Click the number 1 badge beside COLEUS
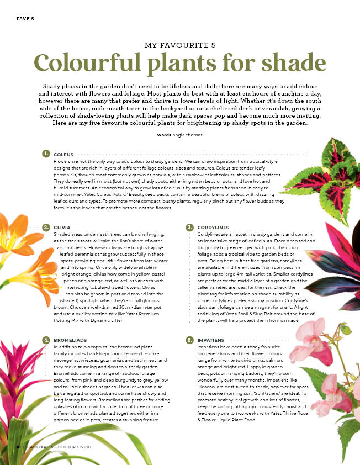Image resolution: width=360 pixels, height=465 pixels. (x=45, y=153)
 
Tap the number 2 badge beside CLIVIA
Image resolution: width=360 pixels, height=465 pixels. (x=45, y=227)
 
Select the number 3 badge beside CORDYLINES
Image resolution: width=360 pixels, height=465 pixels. (x=189, y=227)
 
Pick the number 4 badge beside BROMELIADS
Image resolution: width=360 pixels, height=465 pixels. (x=45, y=340)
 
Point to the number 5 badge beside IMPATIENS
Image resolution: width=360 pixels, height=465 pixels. (x=189, y=340)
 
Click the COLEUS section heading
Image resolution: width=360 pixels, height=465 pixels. (x=62, y=154)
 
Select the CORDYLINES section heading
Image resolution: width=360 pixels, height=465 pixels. (x=213, y=228)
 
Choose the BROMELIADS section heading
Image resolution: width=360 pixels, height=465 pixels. (x=69, y=340)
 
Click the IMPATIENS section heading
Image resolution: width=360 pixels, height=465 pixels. (x=210, y=340)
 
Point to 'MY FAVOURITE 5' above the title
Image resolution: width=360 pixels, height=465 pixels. (x=179, y=44)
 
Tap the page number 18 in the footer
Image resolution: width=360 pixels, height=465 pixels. (x=19, y=446)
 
